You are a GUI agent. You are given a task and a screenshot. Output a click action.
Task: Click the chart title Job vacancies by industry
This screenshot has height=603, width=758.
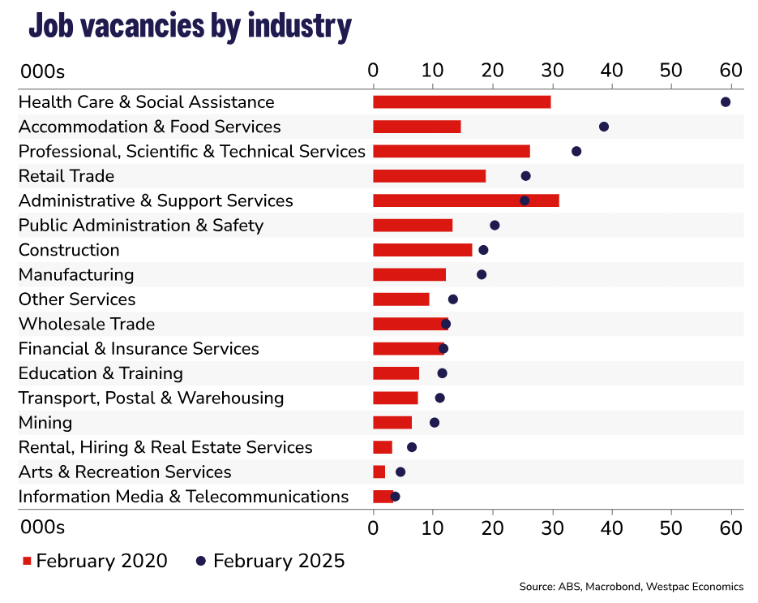pos(190,26)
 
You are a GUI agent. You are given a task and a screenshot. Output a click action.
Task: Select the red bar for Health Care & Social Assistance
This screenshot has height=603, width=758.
pos(461,101)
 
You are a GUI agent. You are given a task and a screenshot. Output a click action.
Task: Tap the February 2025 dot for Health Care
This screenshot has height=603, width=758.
pos(726,101)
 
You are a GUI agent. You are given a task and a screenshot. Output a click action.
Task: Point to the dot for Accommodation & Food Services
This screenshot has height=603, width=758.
pos(603,127)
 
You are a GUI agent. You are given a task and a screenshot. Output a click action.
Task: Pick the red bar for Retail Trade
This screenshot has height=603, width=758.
pos(429,176)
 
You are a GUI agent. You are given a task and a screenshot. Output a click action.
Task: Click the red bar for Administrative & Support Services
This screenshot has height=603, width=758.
pos(465,200)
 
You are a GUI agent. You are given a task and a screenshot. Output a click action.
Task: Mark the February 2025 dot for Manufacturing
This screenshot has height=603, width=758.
pos(482,274)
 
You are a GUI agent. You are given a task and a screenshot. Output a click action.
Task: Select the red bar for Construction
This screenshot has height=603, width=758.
pos(422,250)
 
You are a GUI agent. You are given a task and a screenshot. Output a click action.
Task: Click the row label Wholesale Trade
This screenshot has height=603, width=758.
pos(87,324)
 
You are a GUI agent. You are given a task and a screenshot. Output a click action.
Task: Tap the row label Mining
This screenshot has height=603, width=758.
pos(45,423)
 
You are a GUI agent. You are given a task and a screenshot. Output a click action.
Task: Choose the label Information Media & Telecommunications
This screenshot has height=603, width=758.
pos(183,497)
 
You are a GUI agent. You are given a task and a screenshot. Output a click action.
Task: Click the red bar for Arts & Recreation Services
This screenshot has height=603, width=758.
pos(379,472)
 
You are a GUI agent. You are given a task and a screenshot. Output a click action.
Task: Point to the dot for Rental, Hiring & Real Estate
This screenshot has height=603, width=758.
pos(412,447)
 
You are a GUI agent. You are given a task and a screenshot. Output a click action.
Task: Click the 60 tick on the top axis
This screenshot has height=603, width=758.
pos(730,71)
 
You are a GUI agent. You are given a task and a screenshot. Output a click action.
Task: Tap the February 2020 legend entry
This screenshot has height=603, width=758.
pos(95,561)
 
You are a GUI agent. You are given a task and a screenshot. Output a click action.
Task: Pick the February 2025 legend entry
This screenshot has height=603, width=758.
pos(271,561)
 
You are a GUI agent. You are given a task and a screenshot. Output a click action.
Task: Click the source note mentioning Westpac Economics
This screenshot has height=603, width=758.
pos(632,586)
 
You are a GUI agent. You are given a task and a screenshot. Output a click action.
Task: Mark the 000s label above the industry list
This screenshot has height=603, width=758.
pos(41,71)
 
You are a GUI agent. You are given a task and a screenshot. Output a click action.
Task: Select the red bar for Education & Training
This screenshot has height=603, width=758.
pos(396,373)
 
